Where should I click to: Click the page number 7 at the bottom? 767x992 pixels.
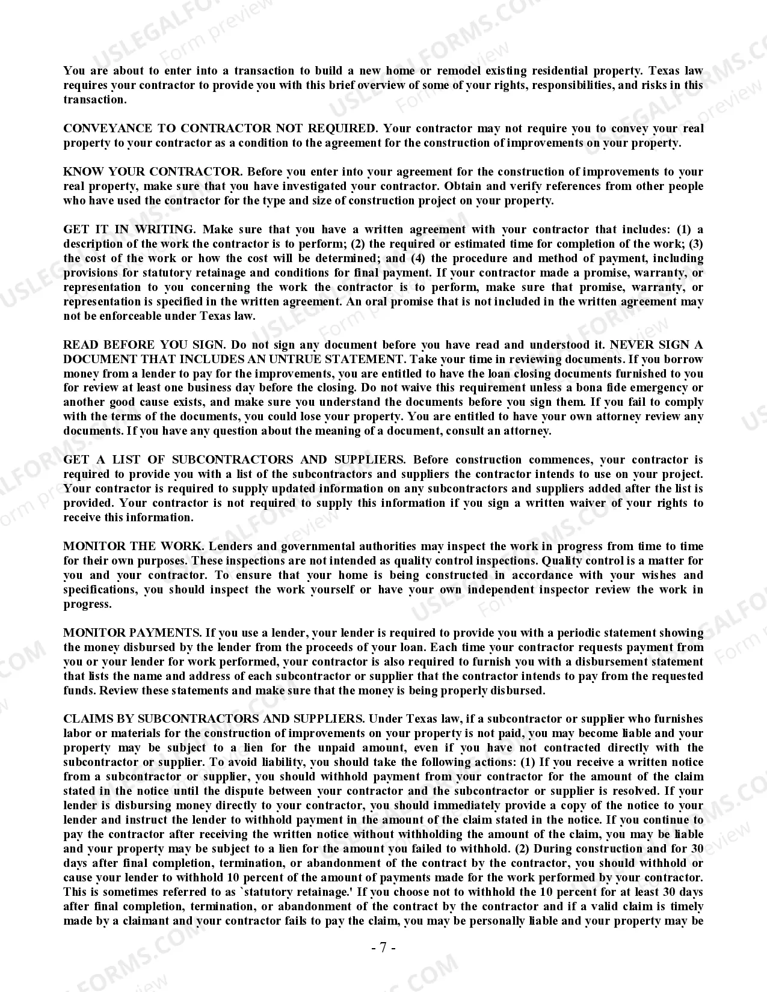pyautogui.click(x=383, y=948)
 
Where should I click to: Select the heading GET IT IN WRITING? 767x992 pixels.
pyautogui.click(x=129, y=230)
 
